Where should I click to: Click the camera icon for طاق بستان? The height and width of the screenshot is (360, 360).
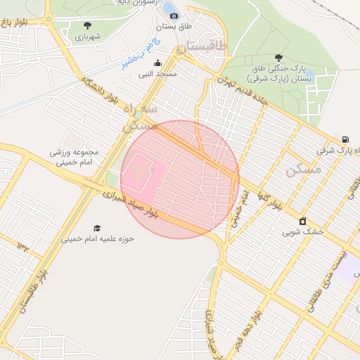174,15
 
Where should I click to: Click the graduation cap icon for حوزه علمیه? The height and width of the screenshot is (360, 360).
97,228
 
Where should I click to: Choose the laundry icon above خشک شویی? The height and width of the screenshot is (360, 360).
303,221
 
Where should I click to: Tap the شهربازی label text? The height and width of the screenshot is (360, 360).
90,36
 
